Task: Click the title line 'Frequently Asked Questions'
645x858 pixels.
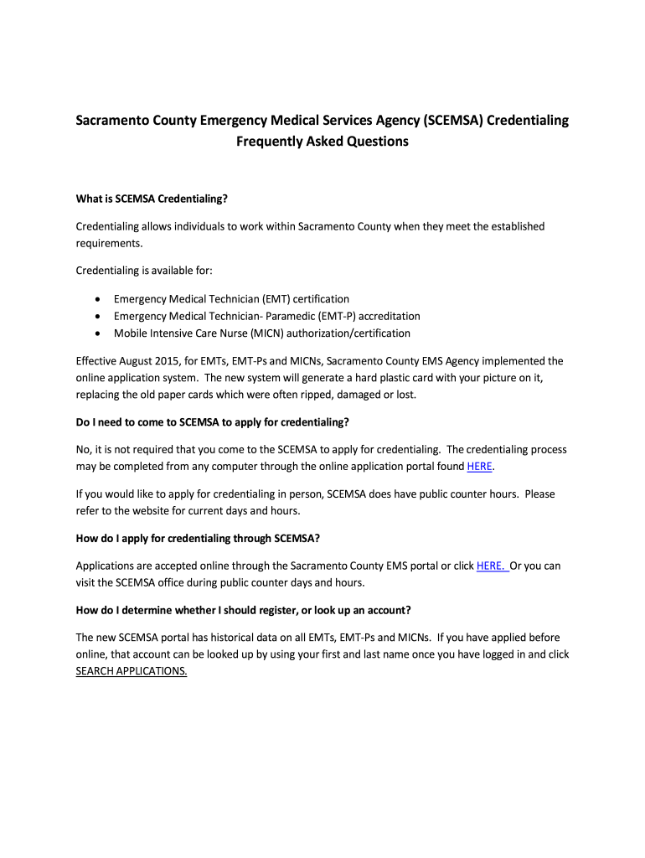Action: click(x=322, y=142)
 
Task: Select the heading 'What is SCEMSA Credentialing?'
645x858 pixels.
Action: click(x=152, y=199)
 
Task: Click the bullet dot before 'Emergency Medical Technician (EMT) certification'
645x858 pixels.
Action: click(x=100, y=299)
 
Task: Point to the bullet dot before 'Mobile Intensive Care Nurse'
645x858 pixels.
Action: click(x=100, y=333)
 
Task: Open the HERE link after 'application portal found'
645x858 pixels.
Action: click(x=479, y=467)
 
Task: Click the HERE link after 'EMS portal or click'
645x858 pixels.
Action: click(x=491, y=566)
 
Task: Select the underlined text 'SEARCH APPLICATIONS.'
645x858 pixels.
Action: click(x=132, y=671)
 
